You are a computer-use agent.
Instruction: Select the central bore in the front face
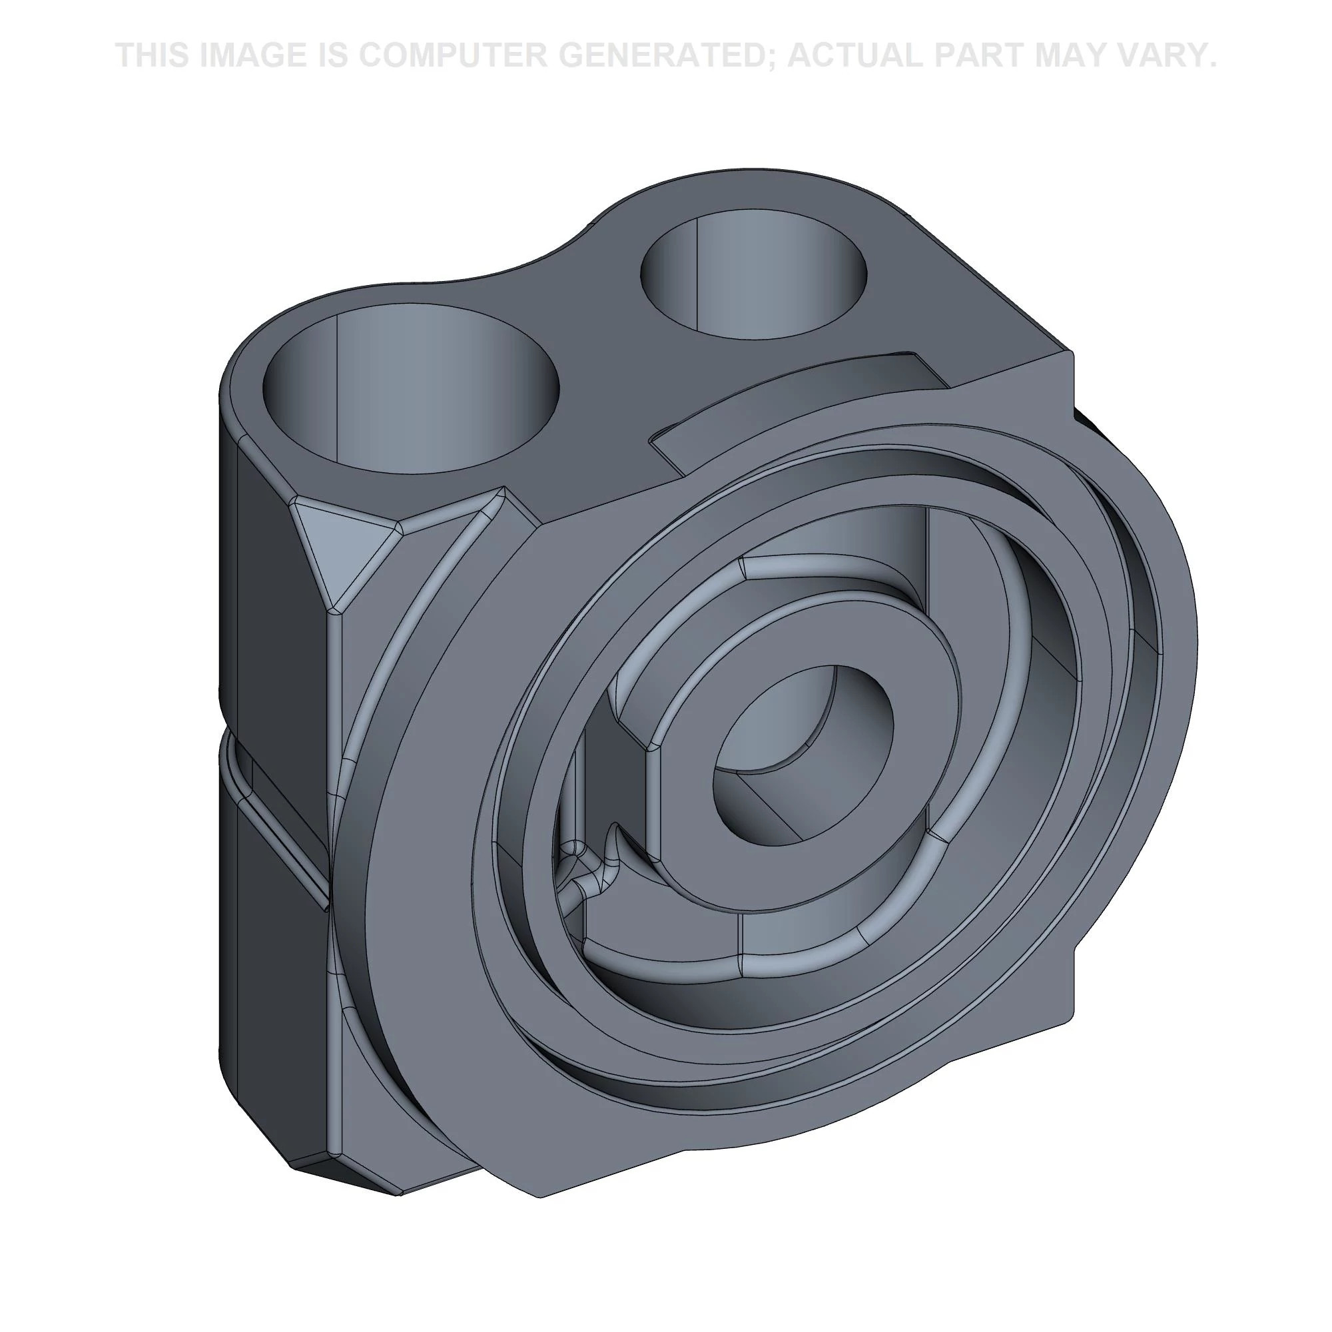tap(803, 753)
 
